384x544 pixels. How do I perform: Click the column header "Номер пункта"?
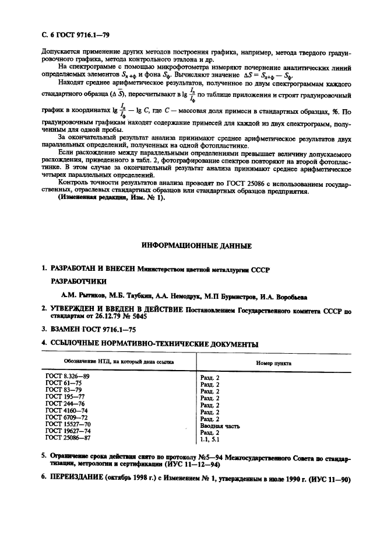(274, 362)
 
